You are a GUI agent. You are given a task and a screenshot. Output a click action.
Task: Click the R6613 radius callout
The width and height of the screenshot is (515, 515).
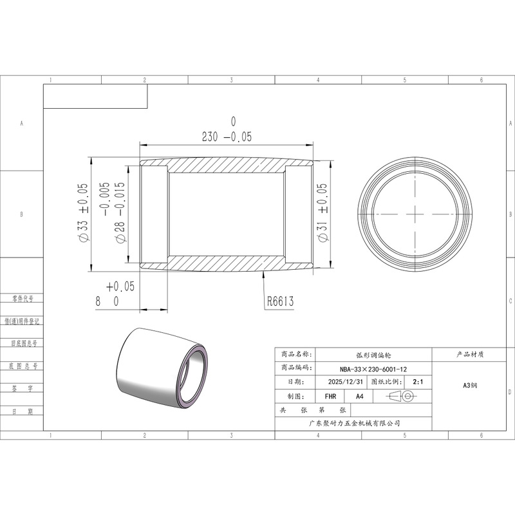click(280, 301)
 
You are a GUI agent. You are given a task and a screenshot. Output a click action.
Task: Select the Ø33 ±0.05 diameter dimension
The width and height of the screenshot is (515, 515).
click(83, 213)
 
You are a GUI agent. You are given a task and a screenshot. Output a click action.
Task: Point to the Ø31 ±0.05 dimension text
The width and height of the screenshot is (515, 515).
click(323, 213)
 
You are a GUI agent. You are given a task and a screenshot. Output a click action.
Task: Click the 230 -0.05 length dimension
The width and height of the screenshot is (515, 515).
click(227, 136)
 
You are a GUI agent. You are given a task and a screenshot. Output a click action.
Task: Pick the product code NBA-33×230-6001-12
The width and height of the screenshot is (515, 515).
click(373, 369)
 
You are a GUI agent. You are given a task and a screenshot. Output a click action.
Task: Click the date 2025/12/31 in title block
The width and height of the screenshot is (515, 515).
click(346, 382)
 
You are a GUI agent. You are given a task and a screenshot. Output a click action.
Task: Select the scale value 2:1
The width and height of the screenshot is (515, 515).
click(418, 382)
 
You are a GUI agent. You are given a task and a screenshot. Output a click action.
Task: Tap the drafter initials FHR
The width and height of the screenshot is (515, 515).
click(330, 397)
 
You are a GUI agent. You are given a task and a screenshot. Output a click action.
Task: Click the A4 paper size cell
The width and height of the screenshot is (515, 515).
click(360, 397)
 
